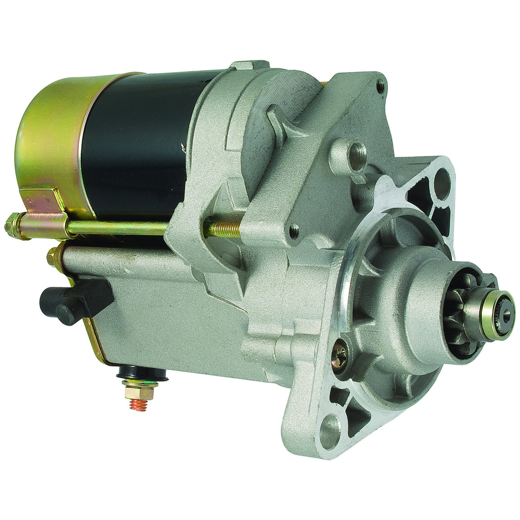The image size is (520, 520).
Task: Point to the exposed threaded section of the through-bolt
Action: (x=224, y=229)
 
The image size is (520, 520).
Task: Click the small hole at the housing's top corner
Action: (x=380, y=86)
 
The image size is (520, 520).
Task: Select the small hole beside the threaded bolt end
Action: (x=293, y=232)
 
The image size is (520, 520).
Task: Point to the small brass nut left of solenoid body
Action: (x=53, y=257)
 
